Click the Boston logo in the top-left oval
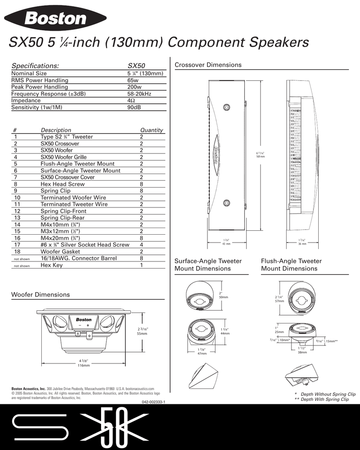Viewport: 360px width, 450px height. [x=55, y=18]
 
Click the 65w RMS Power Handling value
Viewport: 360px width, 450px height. [x=133, y=80]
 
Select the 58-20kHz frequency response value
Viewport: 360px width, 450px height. [x=139, y=94]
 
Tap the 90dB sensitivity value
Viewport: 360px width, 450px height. [x=134, y=107]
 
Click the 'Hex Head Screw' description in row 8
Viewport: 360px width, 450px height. [x=62, y=184]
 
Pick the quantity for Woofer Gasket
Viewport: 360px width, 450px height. [x=142, y=251]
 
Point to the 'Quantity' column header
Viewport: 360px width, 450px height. [x=151, y=130]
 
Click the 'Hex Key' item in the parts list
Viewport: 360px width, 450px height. [x=51, y=265]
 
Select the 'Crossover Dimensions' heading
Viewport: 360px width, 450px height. [x=208, y=65]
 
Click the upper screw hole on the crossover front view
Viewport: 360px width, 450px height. [x=226, y=107]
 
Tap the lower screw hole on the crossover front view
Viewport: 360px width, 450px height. [x=226, y=203]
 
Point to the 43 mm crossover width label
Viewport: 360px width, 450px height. [x=225, y=244]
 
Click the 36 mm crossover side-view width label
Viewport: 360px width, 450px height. [x=302, y=244]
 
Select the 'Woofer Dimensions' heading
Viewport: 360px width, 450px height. [x=40, y=294]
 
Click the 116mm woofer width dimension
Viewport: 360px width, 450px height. [x=84, y=365]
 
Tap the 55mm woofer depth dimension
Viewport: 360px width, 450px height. [x=142, y=334]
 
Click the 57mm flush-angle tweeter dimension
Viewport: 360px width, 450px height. [x=280, y=301]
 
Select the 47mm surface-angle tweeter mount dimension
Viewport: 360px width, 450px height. [x=202, y=353]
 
